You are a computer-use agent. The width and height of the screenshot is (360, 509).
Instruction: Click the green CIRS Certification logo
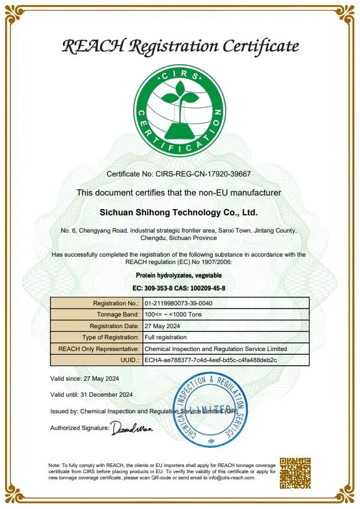(x=179, y=111)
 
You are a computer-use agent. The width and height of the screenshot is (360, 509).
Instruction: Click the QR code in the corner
(x=295, y=473)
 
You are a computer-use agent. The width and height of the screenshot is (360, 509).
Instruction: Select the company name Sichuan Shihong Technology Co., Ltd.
(x=179, y=212)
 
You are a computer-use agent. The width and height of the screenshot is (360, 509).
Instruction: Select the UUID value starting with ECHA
(x=210, y=360)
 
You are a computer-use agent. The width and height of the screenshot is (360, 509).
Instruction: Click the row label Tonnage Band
(x=116, y=315)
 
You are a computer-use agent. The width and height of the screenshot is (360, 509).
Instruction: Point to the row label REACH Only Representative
(x=99, y=349)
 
